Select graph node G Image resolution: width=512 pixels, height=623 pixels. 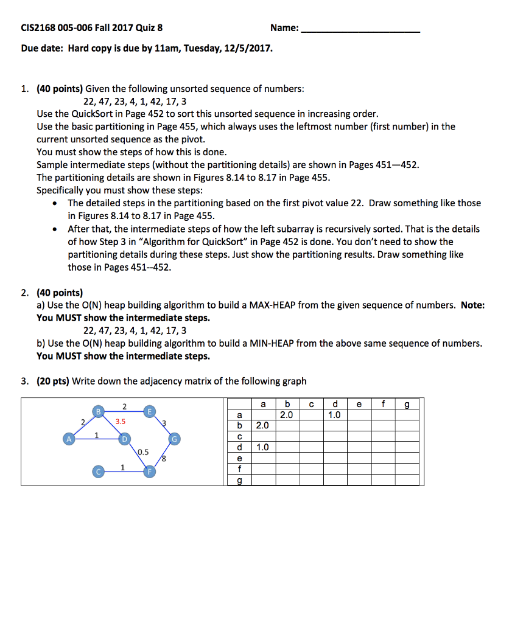pyautogui.click(x=175, y=439)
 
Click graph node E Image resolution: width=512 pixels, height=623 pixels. pyautogui.click(x=149, y=411)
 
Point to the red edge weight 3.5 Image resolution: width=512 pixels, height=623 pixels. pyautogui.click(x=121, y=420)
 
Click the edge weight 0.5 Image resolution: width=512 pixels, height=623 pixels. pyautogui.click(x=143, y=451)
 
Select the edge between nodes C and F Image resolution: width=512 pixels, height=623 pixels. pyautogui.click(x=122, y=471)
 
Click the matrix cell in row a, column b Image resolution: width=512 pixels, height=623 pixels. pyautogui.click(x=287, y=414)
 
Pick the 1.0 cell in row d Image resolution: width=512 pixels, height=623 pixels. pyautogui.click(x=263, y=447)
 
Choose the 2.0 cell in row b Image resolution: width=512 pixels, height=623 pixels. pyautogui.click(x=263, y=425)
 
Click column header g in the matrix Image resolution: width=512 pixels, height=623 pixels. pyautogui.click(x=407, y=403)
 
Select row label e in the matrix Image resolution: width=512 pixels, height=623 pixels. pyautogui.click(x=239, y=458)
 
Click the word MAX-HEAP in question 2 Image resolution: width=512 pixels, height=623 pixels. pyautogui.click(x=272, y=305)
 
